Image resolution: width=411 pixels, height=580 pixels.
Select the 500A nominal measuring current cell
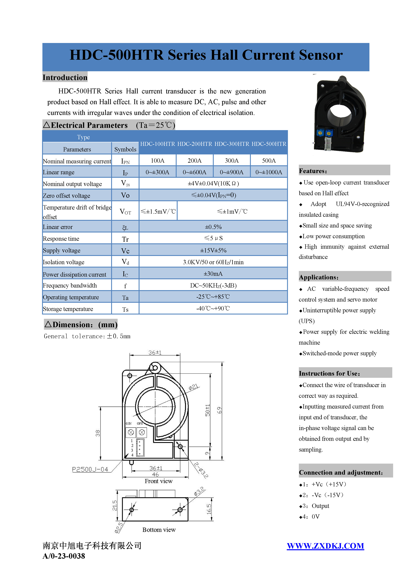click(269, 161)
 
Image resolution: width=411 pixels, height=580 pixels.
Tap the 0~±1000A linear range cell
click(269, 172)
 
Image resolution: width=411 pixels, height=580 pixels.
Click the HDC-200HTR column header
click(195, 144)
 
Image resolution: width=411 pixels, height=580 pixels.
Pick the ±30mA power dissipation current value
click(213, 274)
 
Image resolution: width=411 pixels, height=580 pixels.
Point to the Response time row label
click(61, 239)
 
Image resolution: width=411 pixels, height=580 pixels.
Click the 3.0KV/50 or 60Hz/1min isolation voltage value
click(213, 262)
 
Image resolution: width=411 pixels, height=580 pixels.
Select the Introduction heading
click(65, 77)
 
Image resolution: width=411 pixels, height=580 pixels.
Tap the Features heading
click(313, 171)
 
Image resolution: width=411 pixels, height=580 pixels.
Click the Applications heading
click(319, 277)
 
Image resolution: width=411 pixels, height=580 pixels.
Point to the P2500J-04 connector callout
click(90, 470)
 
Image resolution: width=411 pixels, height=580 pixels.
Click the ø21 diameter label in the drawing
click(193, 387)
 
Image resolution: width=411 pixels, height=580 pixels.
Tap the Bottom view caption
click(159, 530)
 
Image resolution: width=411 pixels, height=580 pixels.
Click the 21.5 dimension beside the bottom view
click(115, 505)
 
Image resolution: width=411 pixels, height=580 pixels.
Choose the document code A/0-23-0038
click(64, 556)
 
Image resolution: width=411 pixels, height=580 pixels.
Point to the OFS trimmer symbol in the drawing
click(142, 433)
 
